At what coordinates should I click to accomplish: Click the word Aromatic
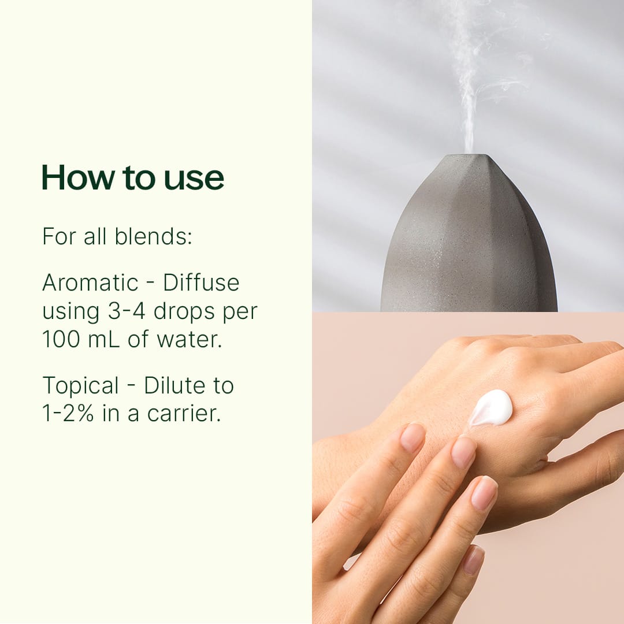point(90,283)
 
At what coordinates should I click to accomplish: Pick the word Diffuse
point(201,283)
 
